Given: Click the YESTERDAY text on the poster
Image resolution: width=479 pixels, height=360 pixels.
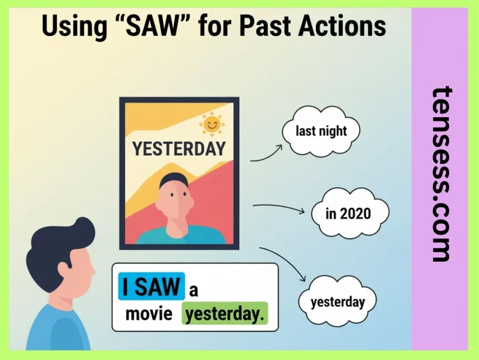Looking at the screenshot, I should pos(179,149).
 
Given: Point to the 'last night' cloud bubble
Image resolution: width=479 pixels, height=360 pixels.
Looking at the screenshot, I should pos(321,131).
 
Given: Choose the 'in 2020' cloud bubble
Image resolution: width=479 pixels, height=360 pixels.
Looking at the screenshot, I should pos(348,214).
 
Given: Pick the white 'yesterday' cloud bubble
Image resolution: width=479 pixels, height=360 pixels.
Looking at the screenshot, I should pos(337,302).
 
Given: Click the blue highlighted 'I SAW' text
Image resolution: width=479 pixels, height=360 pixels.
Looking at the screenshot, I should pos(151,286).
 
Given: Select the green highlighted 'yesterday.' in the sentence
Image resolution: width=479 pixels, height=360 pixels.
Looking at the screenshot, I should pos(224,314).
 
